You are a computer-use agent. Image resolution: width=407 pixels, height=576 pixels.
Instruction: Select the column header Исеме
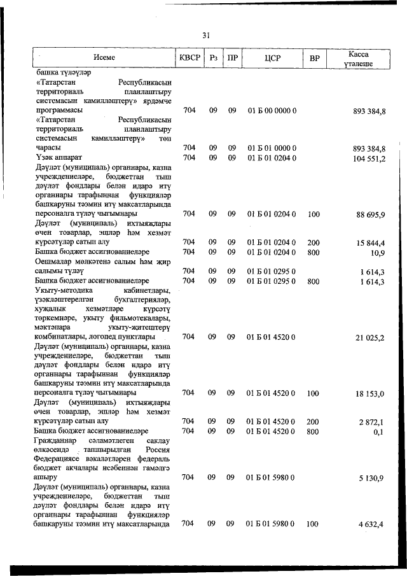tap(104, 58)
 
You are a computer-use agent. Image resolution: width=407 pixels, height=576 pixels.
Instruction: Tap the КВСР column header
tap(190, 58)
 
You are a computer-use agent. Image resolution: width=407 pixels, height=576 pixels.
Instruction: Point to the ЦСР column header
tap(272, 58)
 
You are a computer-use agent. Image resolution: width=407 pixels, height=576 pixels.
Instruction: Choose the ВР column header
tap(314, 59)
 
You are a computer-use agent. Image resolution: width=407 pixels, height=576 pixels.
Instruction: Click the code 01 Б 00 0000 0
tap(272, 111)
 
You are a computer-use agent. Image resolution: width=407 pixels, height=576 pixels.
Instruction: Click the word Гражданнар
tap(58, 440)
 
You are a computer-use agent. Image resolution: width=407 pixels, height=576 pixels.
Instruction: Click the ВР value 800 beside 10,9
tap(314, 252)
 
